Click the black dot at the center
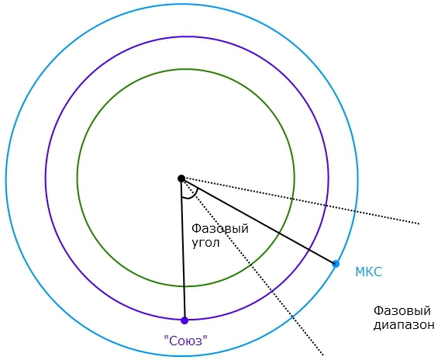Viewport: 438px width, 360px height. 181,178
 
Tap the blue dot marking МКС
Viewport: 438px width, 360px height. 336,264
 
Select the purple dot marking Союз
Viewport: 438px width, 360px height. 185,320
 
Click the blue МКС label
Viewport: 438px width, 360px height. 368,272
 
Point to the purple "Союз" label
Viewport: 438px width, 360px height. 186,341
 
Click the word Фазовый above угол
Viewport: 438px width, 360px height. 220,229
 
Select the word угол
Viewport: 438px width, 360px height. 205,243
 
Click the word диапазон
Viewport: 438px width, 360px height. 404,325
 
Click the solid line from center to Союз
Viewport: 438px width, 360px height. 183,249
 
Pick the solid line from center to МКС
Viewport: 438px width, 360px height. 258,221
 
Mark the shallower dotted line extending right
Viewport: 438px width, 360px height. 300,201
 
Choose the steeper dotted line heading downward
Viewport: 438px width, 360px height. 252,267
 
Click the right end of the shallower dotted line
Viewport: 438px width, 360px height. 419,223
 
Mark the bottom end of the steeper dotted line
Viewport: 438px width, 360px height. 323,355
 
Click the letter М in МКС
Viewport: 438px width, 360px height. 360,272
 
